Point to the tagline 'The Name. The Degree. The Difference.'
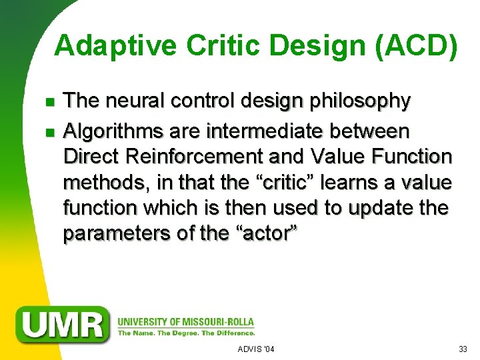point(186,332)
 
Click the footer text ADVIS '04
point(256,349)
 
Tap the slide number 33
point(463,349)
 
